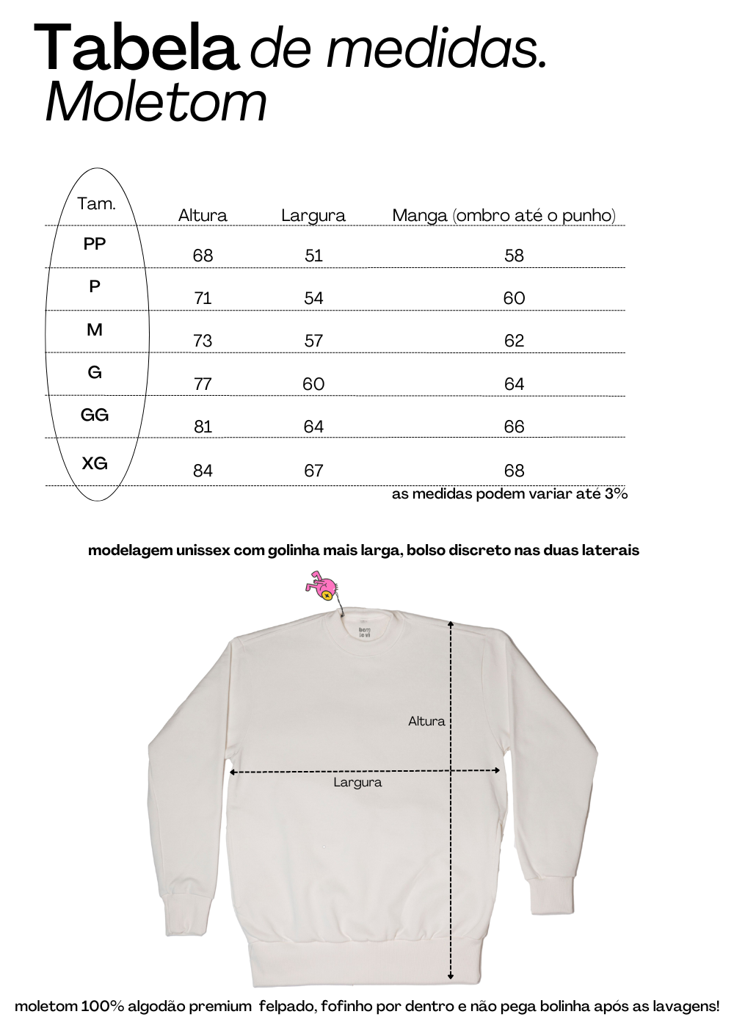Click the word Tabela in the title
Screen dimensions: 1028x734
pyautogui.click(x=136, y=48)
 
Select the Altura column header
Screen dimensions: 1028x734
pyautogui.click(x=203, y=215)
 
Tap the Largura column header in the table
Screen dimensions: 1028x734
pyautogui.click(x=313, y=215)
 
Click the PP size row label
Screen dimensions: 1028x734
pyautogui.click(x=95, y=244)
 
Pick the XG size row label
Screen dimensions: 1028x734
pyautogui.click(x=95, y=463)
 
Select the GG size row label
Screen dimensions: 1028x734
pyautogui.click(x=95, y=415)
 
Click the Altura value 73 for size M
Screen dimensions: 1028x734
pyautogui.click(x=203, y=341)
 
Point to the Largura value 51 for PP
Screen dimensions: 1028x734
pyautogui.click(x=313, y=256)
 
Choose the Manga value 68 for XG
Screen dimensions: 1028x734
pyautogui.click(x=514, y=471)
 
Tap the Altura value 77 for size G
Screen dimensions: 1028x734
pyautogui.click(x=203, y=384)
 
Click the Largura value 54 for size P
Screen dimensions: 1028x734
pyautogui.click(x=313, y=298)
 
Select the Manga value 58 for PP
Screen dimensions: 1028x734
pyautogui.click(x=514, y=256)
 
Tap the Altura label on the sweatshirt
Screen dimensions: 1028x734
pyautogui.click(x=426, y=721)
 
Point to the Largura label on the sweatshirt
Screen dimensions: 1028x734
pyautogui.click(x=357, y=783)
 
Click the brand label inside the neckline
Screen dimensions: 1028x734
pyautogui.click(x=365, y=633)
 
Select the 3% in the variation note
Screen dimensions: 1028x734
pyautogui.click(x=616, y=494)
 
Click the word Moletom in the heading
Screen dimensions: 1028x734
pyautogui.click(x=156, y=103)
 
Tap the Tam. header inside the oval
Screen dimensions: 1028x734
pyautogui.click(x=97, y=203)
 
